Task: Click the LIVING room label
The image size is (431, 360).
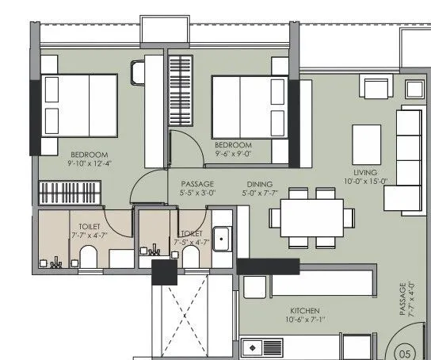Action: (365, 171)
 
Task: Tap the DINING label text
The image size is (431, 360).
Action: (260, 182)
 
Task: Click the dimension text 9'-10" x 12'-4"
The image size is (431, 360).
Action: (90, 163)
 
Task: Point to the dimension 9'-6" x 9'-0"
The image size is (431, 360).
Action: (233, 155)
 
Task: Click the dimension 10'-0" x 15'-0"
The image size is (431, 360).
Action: (366, 181)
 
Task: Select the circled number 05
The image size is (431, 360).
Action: (406, 354)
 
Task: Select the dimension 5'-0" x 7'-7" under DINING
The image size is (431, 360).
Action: (260, 191)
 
